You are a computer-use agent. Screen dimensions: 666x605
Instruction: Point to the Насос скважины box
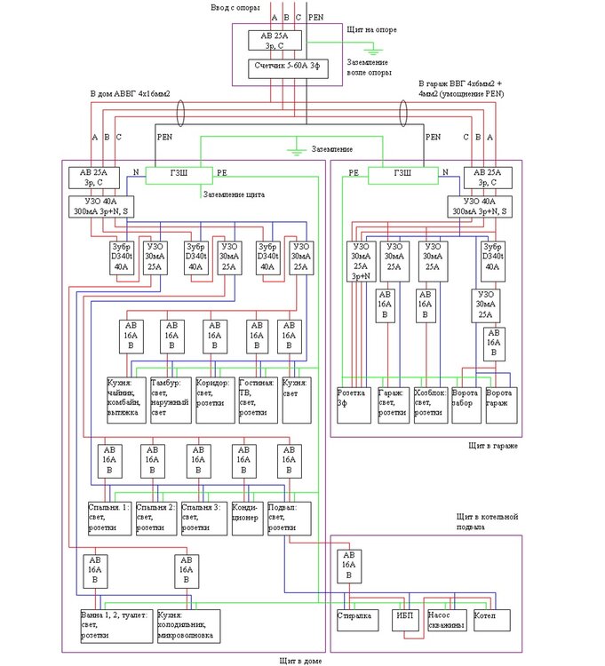tap(446, 618)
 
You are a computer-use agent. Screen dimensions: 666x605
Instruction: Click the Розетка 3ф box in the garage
tap(355, 404)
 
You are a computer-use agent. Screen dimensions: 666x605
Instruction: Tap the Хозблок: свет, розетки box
tap(430, 404)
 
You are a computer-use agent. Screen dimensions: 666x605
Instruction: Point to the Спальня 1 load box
tap(108, 518)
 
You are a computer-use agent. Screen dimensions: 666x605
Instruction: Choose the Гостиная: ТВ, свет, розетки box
tap(257, 400)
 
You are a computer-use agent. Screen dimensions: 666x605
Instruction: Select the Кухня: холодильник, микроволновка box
tap(187, 625)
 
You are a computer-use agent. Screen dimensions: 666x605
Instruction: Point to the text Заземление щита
tap(233, 194)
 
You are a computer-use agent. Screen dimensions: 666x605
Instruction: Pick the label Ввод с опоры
tap(235, 7)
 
